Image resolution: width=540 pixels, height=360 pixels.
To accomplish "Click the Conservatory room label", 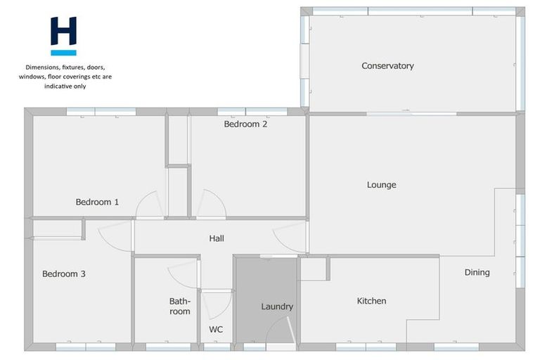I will tap(387, 66).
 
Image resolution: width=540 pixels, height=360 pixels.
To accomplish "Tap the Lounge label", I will tap(381, 185).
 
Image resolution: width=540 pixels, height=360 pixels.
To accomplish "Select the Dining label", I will tap(477, 272).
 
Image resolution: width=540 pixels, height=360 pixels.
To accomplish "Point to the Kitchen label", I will tap(371, 301).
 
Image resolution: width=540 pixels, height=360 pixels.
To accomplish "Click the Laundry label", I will tap(277, 307).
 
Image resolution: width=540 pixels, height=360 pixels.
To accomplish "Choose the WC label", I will tap(216, 329).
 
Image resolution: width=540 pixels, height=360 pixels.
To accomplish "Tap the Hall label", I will tap(217, 239).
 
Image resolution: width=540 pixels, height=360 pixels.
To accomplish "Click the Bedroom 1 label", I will tap(97, 202).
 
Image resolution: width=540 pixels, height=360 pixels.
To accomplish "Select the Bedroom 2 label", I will tap(245, 124).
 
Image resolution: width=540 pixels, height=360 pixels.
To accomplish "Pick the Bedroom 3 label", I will tap(63, 274).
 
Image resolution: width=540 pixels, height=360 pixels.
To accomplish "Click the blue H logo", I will tap(63, 35).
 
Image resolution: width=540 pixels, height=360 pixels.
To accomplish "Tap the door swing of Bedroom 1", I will tap(150, 205).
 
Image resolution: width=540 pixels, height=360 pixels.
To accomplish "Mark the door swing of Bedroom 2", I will tap(211, 205).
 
